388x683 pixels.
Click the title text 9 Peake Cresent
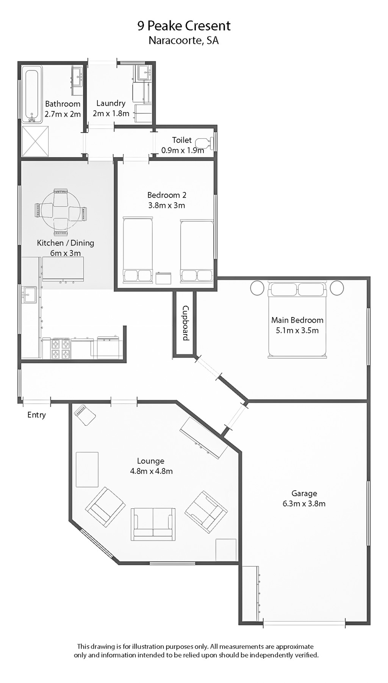click(x=184, y=26)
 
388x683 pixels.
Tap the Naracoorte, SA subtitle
click(x=184, y=40)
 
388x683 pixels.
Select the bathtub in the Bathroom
click(x=32, y=95)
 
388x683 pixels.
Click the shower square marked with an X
click(x=35, y=141)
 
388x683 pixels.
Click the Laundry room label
click(x=111, y=103)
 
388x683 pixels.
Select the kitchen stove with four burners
click(x=61, y=349)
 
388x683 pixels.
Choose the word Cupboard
click(x=186, y=323)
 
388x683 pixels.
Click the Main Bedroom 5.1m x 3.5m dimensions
click(x=297, y=330)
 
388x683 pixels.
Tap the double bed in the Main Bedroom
click(x=297, y=319)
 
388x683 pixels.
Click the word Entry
click(x=36, y=415)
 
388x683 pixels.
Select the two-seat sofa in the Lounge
click(x=153, y=524)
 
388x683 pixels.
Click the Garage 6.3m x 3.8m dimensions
click(x=304, y=503)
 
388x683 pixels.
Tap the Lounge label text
click(x=151, y=461)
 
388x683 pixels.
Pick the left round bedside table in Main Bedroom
click(x=257, y=288)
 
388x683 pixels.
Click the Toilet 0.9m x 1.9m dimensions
click(x=183, y=150)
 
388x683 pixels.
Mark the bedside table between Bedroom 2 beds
click(x=164, y=278)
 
